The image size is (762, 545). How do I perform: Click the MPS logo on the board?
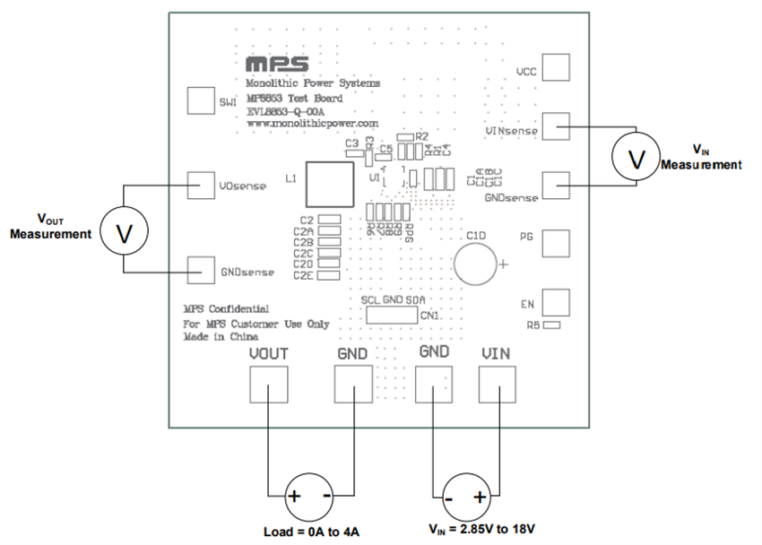(277, 65)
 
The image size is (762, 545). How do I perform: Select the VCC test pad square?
(556, 68)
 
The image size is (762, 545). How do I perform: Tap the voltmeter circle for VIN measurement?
(636, 159)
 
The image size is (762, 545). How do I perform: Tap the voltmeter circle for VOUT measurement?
(124, 233)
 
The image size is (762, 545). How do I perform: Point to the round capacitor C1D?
(476, 264)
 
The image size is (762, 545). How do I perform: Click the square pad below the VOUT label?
(268, 386)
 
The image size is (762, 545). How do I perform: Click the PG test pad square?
(556, 244)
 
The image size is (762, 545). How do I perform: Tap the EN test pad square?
(556, 302)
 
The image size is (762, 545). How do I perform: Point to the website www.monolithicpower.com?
(311, 122)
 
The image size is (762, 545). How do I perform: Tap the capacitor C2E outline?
(330, 275)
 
